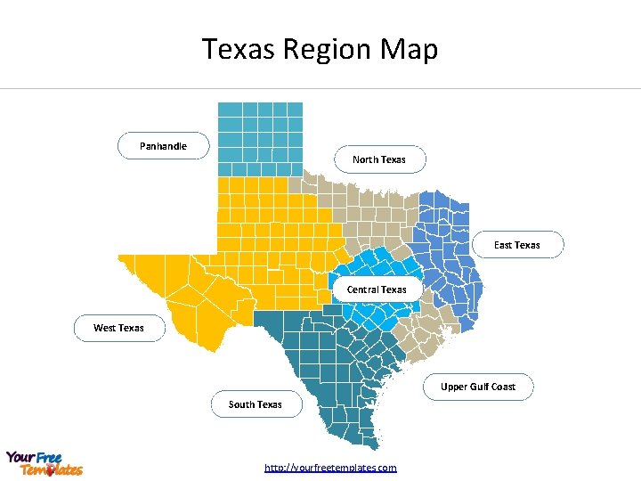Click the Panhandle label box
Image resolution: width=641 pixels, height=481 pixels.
(x=164, y=145)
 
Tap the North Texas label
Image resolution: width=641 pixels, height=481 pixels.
(x=379, y=159)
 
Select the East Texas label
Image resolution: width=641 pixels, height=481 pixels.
(x=517, y=244)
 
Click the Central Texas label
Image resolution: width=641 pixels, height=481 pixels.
(x=377, y=289)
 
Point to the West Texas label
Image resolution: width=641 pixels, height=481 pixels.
(x=118, y=328)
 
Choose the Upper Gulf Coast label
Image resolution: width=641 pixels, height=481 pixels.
(x=478, y=387)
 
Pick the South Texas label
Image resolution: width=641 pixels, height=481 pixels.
(x=256, y=404)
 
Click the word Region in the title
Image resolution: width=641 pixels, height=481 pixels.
(x=324, y=49)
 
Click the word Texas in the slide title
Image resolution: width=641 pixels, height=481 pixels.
(x=239, y=49)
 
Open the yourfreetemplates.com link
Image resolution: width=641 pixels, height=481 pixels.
(x=331, y=468)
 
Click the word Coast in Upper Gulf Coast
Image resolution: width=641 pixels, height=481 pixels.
(x=502, y=387)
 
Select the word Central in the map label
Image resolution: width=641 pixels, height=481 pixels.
(x=363, y=289)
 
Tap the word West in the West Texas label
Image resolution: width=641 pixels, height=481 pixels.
(x=105, y=328)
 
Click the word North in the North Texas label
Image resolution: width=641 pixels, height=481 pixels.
(x=366, y=159)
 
